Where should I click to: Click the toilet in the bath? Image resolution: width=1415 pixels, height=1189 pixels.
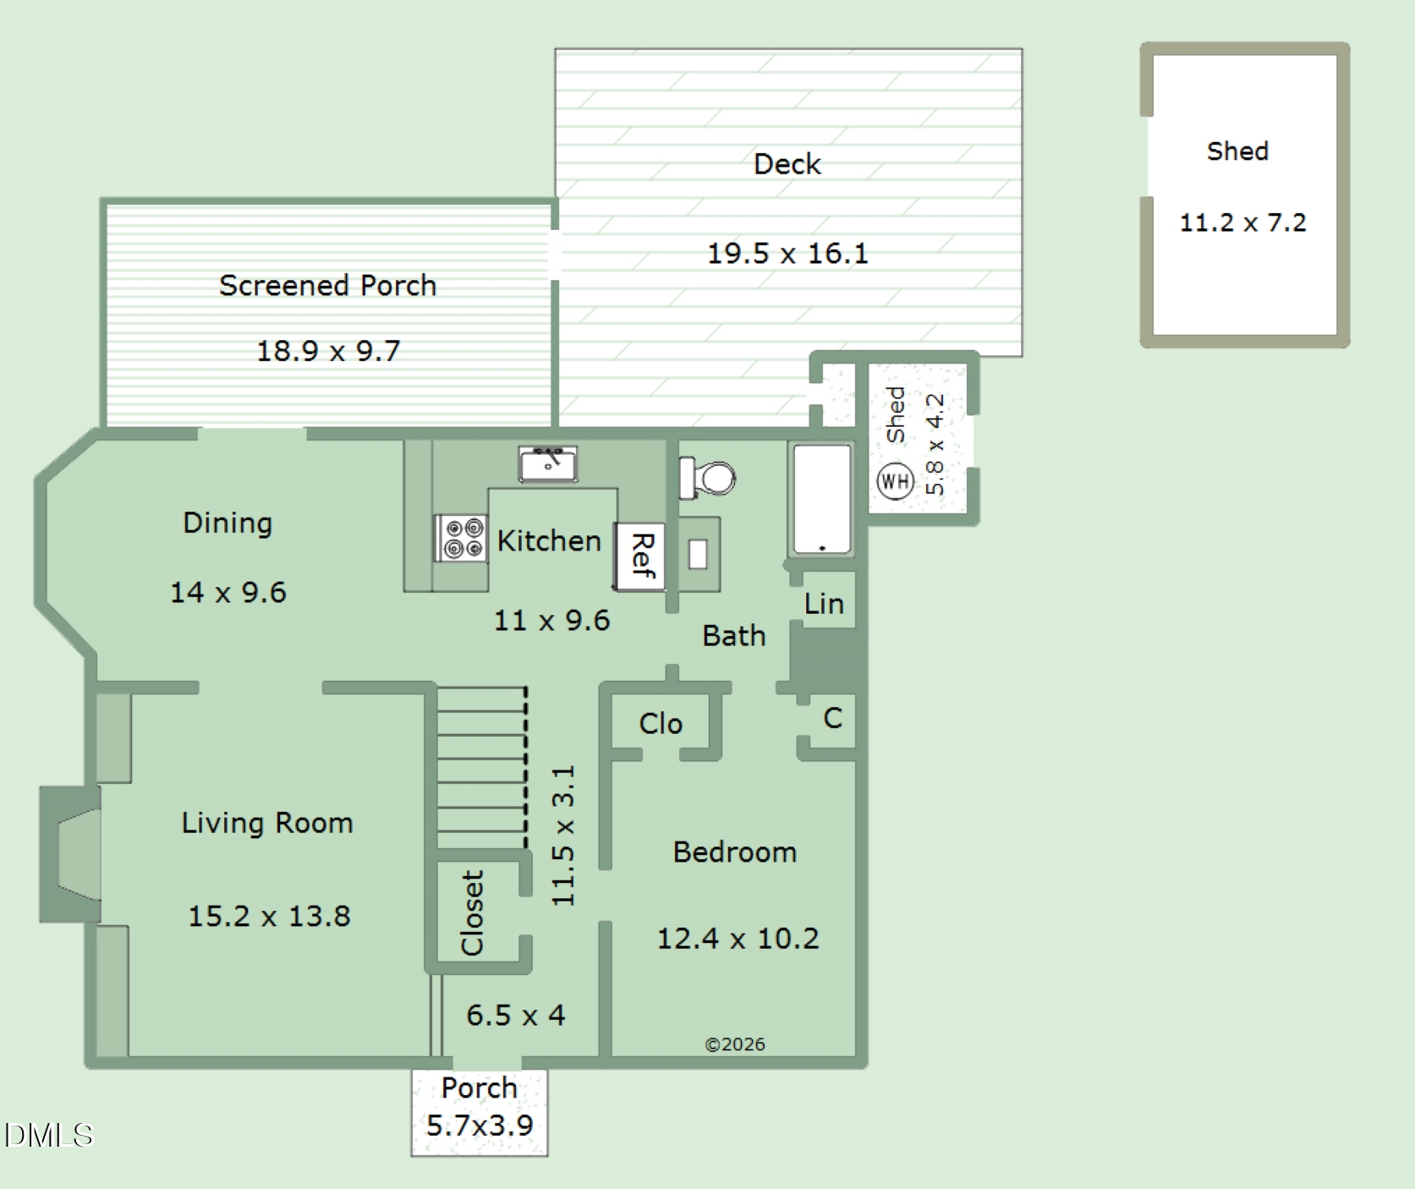pos(707,479)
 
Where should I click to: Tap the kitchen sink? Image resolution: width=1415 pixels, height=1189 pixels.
pos(548,464)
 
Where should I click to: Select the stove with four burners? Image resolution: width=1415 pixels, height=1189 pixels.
pos(461,538)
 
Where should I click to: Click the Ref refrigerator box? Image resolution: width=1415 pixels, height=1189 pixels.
pos(639,556)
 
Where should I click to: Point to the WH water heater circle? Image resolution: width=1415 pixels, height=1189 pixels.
pos(894,481)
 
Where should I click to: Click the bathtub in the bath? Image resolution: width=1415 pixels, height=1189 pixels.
pos(822,500)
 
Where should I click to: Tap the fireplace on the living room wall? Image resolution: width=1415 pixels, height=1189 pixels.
pos(71,854)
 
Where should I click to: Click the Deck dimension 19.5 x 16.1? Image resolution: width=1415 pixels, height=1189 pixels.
pos(787,253)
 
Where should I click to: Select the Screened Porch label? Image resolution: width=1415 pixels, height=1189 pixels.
pos(328,286)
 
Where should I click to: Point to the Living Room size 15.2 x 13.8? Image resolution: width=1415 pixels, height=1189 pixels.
pos(269,916)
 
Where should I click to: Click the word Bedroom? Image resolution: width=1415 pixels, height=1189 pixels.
pos(735,852)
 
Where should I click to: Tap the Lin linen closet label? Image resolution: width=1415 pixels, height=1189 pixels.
pos(824,604)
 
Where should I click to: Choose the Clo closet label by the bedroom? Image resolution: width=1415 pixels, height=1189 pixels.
pos(661,724)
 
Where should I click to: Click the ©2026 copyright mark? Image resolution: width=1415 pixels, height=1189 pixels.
pos(735,1044)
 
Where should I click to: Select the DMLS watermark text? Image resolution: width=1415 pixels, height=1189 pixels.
pos(48,1135)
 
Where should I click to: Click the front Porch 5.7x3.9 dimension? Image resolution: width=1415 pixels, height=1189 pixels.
pos(480,1126)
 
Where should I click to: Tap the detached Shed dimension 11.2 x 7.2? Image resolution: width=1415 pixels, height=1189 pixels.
pos(1242,222)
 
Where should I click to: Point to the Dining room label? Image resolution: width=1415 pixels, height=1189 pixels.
pos(228,523)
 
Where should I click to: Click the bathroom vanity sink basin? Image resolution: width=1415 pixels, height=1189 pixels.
pos(698,554)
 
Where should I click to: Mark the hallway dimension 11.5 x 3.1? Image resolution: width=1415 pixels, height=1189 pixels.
pos(563,836)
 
